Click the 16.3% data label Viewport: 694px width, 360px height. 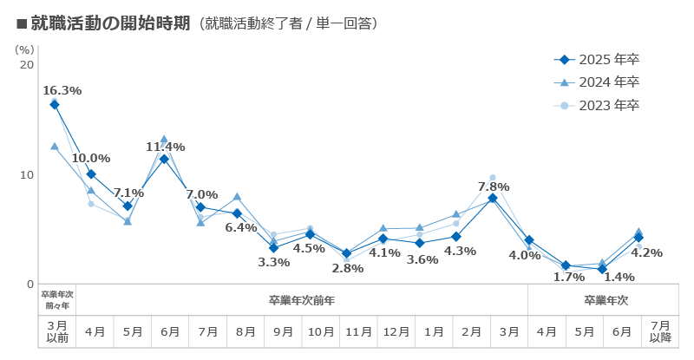(x=62, y=90)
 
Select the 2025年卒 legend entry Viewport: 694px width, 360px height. (x=598, y=60)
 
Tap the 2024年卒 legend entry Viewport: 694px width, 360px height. (x=598, y=82)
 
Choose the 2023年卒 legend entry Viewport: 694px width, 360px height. (x=598, y=106)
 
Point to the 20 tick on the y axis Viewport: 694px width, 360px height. (x=26, y=65)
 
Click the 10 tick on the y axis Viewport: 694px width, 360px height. (x=26, y=174)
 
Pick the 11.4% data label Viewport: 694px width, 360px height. (x=165, y=147)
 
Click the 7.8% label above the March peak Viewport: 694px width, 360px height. (x=493, y=187)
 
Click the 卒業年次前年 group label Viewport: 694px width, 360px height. (x=302, y=300)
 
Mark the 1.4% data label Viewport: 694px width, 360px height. (x=619, y=277)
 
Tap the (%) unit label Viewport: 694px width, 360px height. (x=25, y=49)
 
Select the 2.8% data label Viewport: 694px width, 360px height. (x=347, y=268)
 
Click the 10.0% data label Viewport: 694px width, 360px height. (x=91, y=158)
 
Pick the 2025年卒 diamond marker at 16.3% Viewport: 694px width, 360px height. (x=55, y=104)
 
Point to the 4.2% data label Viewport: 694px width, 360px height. (x=647, y=253)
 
